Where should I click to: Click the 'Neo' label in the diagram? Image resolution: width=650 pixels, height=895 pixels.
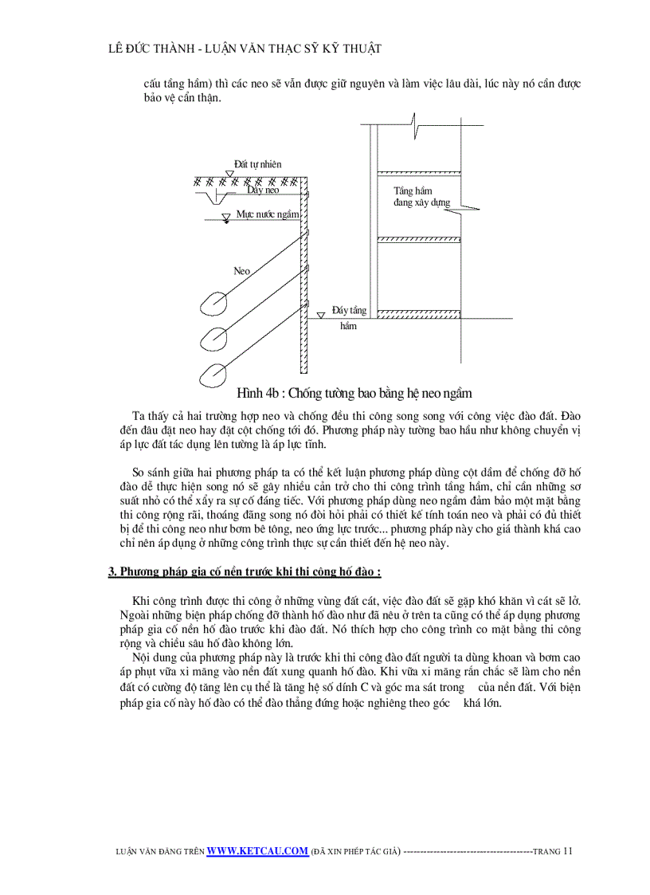pyautogui.click(x=241, y=271)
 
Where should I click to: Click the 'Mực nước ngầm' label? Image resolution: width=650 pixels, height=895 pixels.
pyautogui.click(x=268, y=214)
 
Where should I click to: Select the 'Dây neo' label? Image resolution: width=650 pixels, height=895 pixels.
pyautogui.click(x=262, y=190)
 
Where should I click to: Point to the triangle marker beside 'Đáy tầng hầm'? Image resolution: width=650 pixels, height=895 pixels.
pyautogui.click(x=320, y=316)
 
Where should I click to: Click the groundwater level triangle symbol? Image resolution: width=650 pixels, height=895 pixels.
pyautogui.click(x=226, y=217)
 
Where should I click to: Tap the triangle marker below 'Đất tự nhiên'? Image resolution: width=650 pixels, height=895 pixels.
pyautogui.click(x=229, y=174)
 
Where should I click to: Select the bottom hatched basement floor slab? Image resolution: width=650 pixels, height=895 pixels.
pyautogui.click(x=417, y=313)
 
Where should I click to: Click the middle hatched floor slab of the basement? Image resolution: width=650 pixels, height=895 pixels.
pyautogui.click(x=417, y=239)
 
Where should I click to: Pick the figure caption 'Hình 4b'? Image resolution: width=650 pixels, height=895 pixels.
pyautogui.click(x=354, y=393)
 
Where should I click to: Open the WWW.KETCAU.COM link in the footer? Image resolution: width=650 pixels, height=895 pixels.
pyautogui.click(x=256, y=850)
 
